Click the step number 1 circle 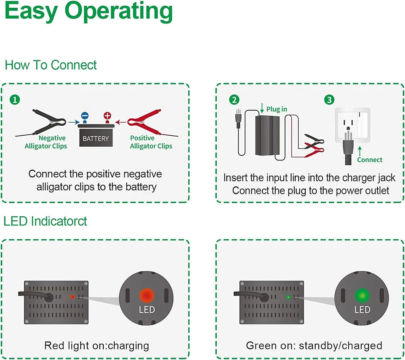(x=15, y=100)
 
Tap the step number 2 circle (x=234, y=100)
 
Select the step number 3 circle (x=330, y=100)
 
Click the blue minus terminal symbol (x=84, y=116)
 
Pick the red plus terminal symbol (x=107, y=116)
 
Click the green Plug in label (x=277, y=109)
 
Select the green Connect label (x=369, y=160)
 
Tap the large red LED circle (x=146, y=294)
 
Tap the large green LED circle (x=362, y=294)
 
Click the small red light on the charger (x=72, y=297)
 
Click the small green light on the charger (x=288, y=297)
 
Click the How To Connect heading (x=51, y=65)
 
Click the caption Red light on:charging (x=96, y=345)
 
